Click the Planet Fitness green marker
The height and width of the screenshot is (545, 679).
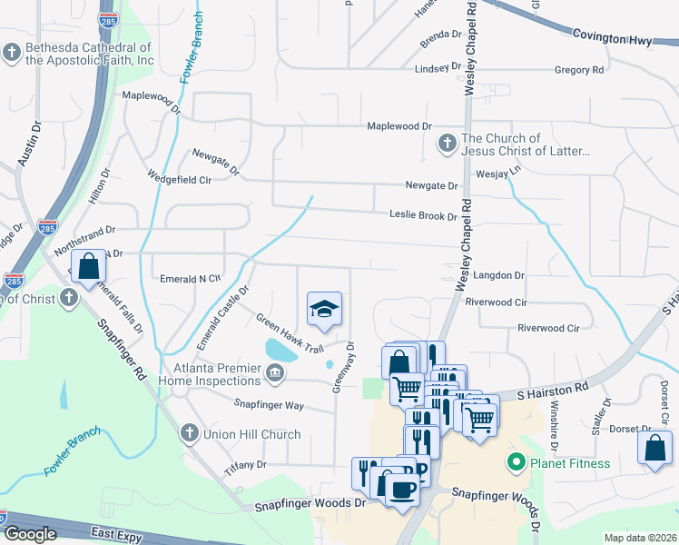coord(517,463)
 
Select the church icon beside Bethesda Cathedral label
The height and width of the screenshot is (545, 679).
coord(12,53)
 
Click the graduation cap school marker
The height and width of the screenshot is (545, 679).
coord(324,310)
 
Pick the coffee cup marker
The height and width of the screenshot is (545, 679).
coord(403,489)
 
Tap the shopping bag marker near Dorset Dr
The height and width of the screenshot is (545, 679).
coord(654,448)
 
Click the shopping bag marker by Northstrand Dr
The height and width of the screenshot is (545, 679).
coord(88,267)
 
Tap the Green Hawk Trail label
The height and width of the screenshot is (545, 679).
coord(289,333)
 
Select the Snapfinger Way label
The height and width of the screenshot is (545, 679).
coord(269,405)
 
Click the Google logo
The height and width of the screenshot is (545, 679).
coord(30,535)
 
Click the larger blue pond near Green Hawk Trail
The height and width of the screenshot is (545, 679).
coord(281,349)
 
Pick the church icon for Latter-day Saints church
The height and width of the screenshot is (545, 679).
coord(447,144)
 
